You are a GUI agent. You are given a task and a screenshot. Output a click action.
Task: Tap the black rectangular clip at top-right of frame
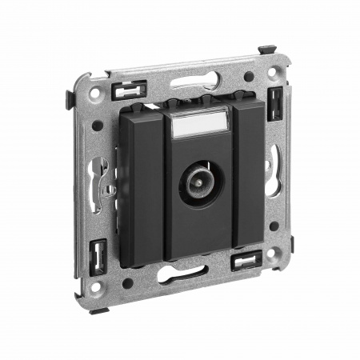coord(274,102)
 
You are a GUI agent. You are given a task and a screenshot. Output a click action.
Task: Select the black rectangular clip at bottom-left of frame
coord(98,257)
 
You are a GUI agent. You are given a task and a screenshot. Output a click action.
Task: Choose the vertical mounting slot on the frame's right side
coord(275,164)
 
